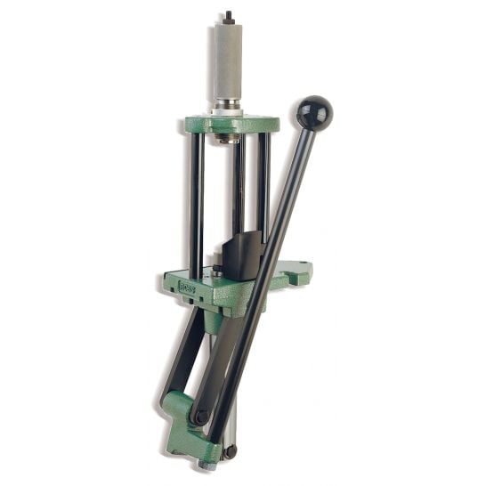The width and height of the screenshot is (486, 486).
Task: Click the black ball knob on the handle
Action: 315,112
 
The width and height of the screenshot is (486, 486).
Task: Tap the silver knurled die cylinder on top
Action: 227,62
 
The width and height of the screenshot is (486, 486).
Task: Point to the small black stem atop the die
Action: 228,17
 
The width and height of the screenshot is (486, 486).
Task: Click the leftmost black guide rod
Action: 196,205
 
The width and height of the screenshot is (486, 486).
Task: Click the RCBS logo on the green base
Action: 187,287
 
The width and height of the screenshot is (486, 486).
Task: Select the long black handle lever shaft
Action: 267,267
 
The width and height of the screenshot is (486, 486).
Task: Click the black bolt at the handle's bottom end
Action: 230,451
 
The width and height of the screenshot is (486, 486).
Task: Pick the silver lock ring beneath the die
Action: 228,108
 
